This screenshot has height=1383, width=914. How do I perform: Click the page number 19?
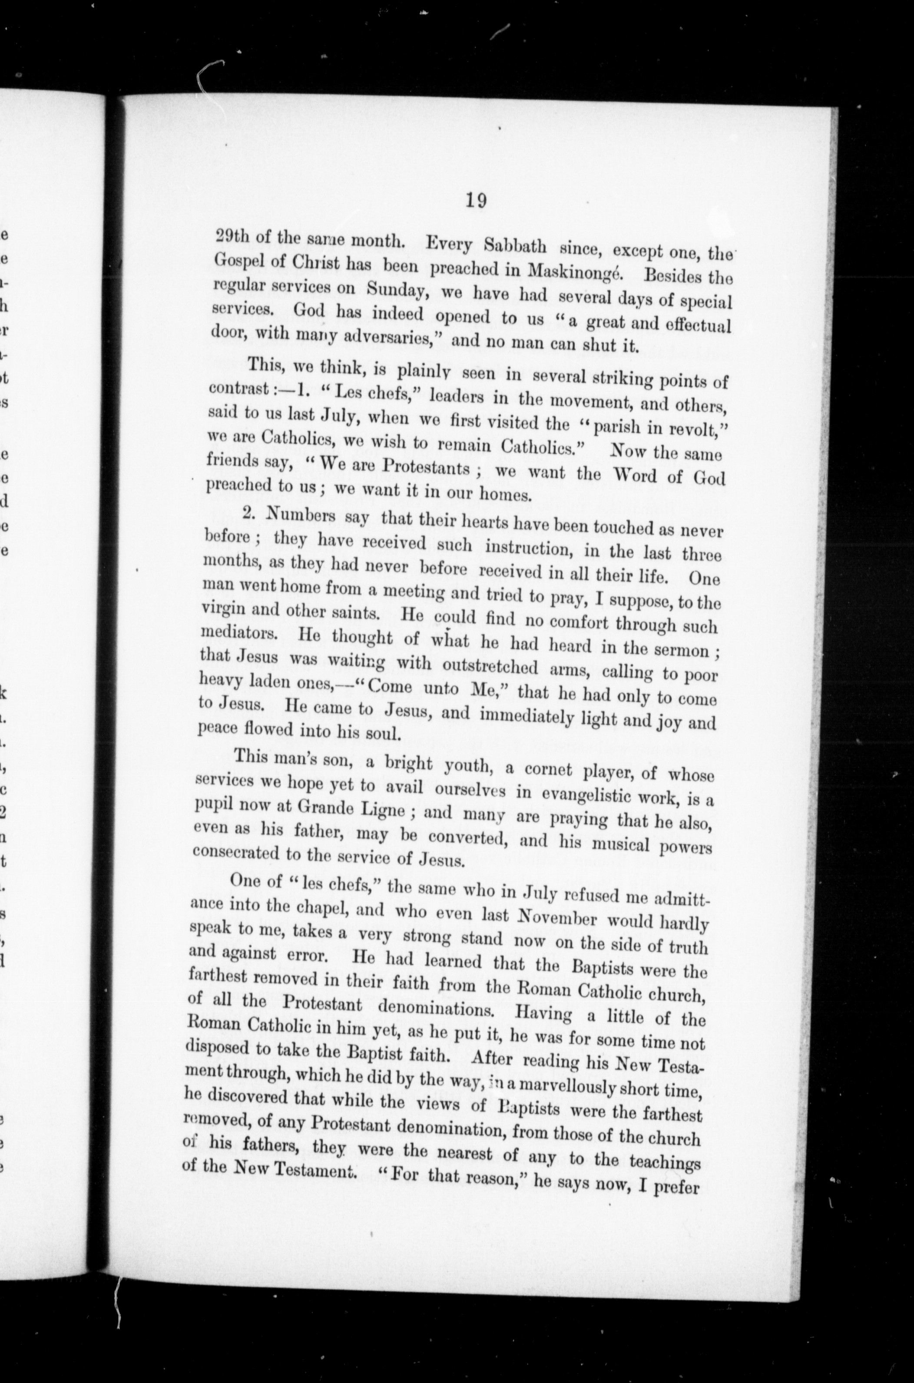476,201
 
